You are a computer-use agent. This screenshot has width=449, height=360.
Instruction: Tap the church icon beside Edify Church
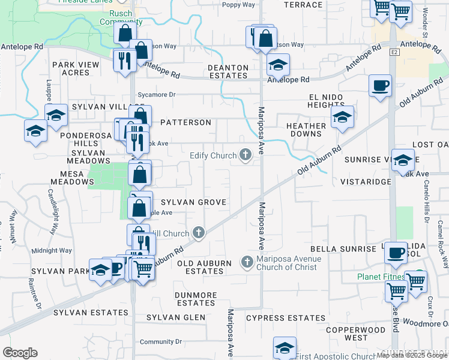245,155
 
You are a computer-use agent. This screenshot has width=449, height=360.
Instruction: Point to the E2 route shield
394,53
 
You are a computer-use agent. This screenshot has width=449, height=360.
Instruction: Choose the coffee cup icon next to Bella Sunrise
396,252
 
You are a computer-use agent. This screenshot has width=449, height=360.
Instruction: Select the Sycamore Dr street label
155,94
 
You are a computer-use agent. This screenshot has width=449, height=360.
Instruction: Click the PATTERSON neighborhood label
185,122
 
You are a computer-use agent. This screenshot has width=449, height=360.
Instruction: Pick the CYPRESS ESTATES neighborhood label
276,317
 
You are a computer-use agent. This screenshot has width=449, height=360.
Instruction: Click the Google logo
20,353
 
